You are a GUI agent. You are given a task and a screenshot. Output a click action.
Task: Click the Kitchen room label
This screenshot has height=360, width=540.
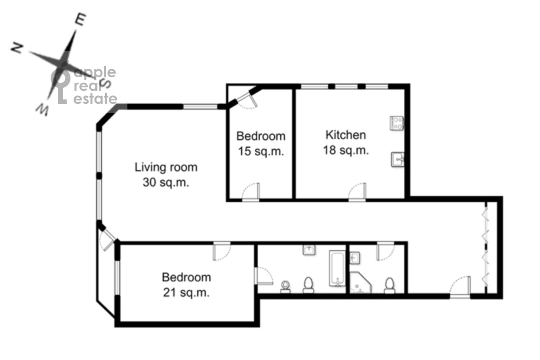tap(346, 135)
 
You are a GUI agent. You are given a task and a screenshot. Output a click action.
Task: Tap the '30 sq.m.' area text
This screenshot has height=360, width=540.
tap(166, 182)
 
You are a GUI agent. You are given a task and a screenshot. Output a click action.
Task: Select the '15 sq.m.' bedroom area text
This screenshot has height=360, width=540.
tap(261, 151)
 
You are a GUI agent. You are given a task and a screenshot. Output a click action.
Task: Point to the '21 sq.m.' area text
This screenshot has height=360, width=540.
tap(186, 292)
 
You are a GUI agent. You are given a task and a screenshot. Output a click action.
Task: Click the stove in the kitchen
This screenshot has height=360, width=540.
tap(397, 123)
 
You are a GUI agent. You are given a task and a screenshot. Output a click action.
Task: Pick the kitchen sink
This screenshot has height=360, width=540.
tap(397, 159)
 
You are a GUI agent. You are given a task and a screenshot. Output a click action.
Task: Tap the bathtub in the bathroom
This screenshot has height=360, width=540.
tap(337, 268)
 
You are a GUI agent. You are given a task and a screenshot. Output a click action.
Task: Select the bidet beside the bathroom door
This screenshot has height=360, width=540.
tap(286, 287)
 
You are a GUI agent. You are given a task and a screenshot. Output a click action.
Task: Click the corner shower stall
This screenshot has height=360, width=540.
tap(360, 283)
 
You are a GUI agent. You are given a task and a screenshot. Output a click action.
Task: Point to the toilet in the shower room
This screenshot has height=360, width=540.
tap(389, 285)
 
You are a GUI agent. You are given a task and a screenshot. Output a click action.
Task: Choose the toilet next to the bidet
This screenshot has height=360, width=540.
tap(308, 285)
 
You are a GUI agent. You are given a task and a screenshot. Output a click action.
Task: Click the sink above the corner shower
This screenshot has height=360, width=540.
tap(355, 258)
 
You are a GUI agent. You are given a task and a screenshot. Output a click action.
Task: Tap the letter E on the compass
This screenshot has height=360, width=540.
tap(81, 19)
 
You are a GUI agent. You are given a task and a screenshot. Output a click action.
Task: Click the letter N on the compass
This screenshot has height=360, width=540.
tap(17, 48)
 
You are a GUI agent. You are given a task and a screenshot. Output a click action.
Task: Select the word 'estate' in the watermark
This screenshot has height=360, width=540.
tap(95, 99)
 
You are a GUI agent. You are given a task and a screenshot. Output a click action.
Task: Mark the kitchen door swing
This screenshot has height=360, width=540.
tap(357, 192)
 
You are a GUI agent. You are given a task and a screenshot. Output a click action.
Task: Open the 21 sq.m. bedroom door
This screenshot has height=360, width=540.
tap(222, 251)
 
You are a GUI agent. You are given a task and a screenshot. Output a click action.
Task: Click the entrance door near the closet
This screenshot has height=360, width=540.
tap(460, 286)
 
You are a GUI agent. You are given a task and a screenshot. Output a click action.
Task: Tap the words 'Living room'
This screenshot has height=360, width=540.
tap(166, 168)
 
